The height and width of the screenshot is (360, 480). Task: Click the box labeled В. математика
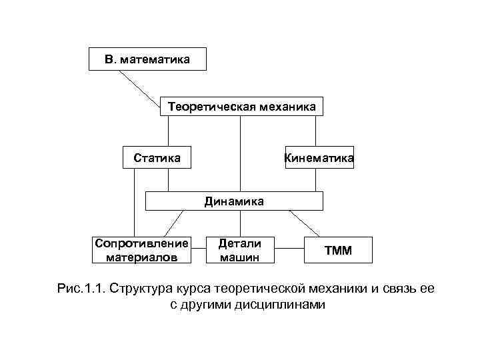(x=147, y=59)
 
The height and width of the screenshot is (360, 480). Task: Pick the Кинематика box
(x=319, y=158)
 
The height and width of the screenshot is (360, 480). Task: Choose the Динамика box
(x=234, y=201)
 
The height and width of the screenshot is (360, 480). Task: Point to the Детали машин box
(x=239, y=250)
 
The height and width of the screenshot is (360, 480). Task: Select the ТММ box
(x=338, y=251)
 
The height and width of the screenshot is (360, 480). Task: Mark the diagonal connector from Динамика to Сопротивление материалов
(x=175, y=223)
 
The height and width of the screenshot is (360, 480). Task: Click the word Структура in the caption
(x=143, y=289)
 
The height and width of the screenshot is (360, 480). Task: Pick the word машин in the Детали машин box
(x=239, y=257)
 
